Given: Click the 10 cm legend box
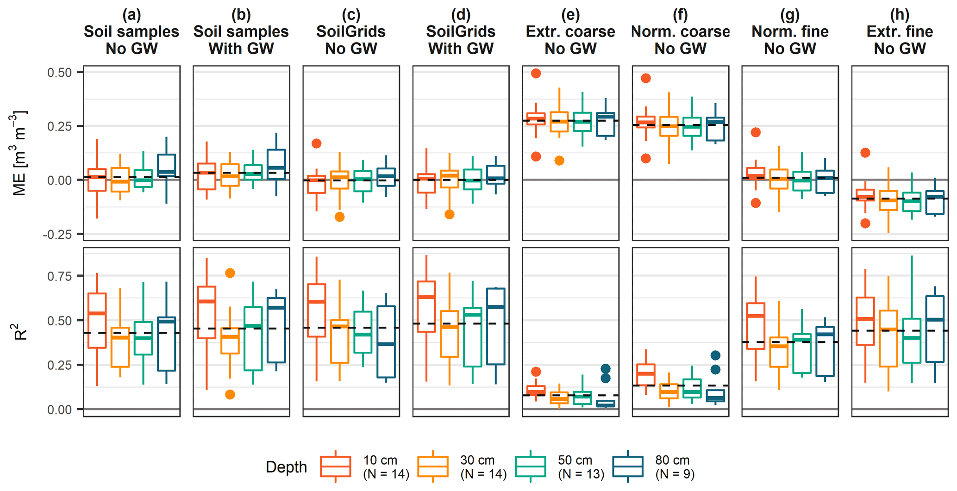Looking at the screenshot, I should coord(335,466).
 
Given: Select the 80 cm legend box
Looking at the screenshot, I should coord(628,466).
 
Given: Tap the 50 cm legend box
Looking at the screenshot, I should coord(530,466).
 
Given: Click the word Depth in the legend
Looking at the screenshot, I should coord(286,467).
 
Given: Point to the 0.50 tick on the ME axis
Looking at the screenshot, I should coord(59,73).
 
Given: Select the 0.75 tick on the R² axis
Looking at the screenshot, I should coord(59,276).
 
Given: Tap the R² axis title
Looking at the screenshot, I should coord(21,332).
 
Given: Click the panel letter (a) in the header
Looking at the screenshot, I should coord(131,15).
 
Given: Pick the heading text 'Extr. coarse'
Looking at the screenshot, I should coord(570,31).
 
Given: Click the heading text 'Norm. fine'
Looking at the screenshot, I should coord(790,31).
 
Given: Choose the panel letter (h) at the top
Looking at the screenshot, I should coord(900,15).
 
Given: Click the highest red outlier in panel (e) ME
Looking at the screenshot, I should coord(536,73).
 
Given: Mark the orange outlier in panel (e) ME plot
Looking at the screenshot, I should coord(559,161).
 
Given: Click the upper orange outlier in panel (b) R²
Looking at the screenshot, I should coord(230,273).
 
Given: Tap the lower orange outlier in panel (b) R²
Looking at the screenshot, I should coord(230,394).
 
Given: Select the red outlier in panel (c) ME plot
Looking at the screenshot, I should coord(317,143).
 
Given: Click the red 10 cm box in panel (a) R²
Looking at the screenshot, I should coord(97,320).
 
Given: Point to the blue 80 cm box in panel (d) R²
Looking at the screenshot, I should coord(496,326).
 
